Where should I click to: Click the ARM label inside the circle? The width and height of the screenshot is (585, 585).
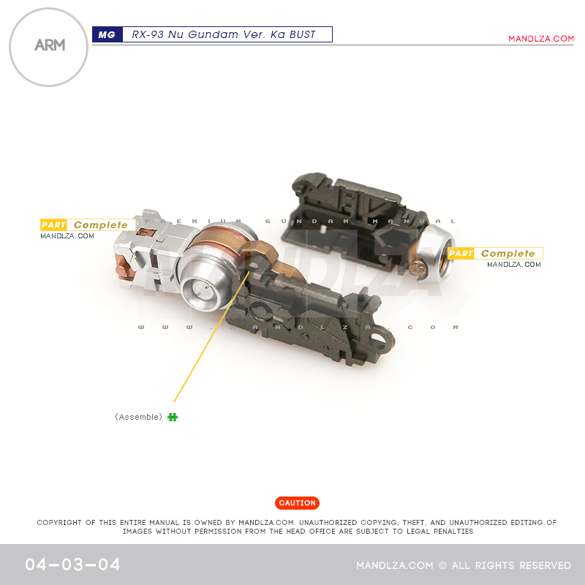(x=50, y=45)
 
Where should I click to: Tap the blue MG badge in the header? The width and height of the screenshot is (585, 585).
(x=107, y=34)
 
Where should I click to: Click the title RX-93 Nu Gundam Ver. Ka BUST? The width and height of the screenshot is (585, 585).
(x=224, y=34)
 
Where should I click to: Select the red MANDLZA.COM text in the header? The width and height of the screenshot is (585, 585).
(x=541, y=39)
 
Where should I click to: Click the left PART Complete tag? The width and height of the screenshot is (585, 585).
(x=88, y=224)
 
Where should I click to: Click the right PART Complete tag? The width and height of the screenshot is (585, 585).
(x=495, y=253)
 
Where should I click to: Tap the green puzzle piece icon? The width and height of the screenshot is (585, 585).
(x=173, y=417)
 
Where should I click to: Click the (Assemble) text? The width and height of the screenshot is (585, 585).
(x=138, y=417)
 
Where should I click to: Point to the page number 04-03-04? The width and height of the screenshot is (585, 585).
(x=72, y=564)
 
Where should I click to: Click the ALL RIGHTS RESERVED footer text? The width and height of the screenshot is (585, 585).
(x=511, y=565)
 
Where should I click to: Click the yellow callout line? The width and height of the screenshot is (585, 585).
(x=211, y=336)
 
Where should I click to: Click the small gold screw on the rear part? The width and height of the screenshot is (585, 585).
(x=418, y=268)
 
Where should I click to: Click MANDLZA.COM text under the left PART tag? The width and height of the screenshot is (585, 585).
(x=67, y=235)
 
